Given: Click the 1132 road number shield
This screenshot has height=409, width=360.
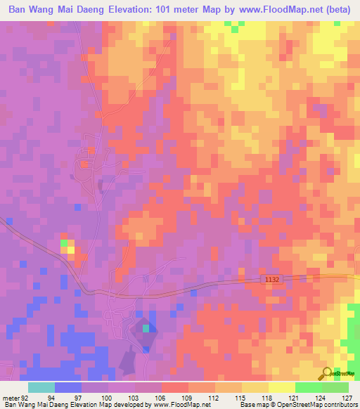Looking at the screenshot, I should coord(273,280).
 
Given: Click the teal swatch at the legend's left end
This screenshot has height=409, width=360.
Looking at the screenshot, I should coord(41,387).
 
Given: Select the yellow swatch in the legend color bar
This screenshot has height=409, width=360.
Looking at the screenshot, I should coord(281,387).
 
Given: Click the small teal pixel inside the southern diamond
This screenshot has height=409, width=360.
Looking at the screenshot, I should coord(146,327).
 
